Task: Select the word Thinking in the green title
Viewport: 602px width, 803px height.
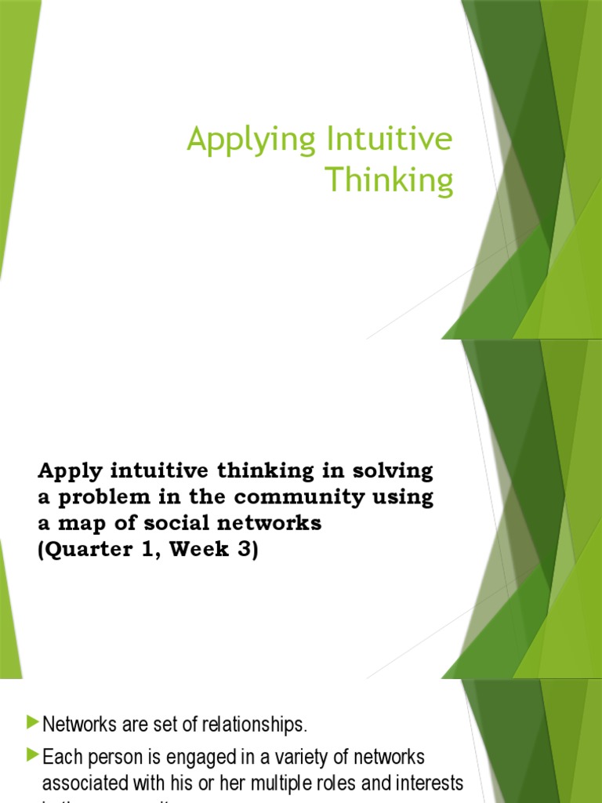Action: pos(390,180)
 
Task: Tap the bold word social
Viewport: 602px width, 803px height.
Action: pos(168,524)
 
